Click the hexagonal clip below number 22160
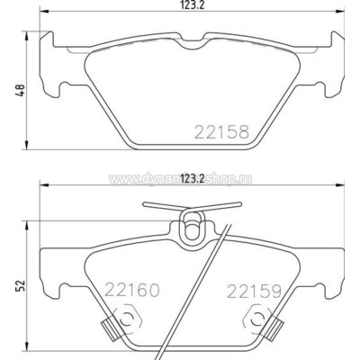(x=128, y=320)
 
